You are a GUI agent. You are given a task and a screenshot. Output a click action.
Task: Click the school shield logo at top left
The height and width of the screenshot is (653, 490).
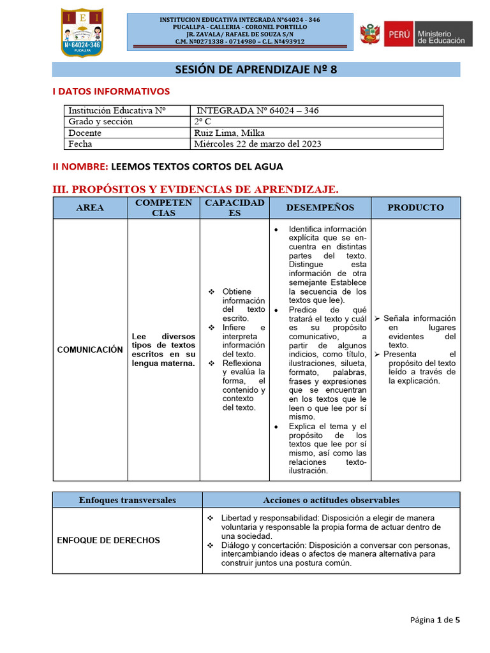pyautogui.click(x=81, y=32)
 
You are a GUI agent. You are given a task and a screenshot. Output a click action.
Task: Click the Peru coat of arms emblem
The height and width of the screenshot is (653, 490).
pyautogui.click(x=369, y=34)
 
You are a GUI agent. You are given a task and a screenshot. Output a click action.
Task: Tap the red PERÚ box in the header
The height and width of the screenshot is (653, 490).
pyautogui.click(x=398, y=34)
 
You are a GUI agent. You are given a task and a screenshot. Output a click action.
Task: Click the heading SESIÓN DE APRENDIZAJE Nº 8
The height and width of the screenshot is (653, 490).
pyautogui.click(x=256, y=70)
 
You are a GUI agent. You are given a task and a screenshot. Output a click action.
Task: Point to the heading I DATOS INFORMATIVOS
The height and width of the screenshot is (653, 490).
pyautogui.click(x=110, y=92)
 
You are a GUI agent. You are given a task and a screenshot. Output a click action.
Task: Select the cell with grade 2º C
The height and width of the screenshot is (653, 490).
pyautogui.click(x=204, y=122)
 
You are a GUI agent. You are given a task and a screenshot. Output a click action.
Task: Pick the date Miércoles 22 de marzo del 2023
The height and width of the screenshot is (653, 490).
pyautogui.click(x=258, y=144)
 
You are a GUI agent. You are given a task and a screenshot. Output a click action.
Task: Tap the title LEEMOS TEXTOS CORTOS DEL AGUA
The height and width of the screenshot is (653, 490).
pyautogui.click(x=197, y=166)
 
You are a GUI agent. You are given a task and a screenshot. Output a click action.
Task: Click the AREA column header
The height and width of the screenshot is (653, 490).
pyautogui.click(x=90, y=208)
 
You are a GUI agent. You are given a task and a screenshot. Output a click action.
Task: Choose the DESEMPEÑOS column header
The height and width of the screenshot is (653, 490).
pyautogui.click(x=320, y=208)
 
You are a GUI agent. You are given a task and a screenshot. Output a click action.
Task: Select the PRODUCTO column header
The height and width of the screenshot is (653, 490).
pyautogui.click(x=415, y=208)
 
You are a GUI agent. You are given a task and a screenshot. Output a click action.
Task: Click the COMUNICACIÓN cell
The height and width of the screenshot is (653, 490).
pyautogui.click(x=90, y=349)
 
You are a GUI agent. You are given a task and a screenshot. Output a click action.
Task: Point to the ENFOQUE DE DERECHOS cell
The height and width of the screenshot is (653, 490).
pyautogui.click(x=108, y=540)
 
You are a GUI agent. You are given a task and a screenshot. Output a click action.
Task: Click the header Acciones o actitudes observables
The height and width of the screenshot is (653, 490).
pyautogui.click(x=331, y=500)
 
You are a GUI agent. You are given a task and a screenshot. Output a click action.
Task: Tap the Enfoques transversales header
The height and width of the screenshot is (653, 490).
pyautogui.click(x=127, y=500)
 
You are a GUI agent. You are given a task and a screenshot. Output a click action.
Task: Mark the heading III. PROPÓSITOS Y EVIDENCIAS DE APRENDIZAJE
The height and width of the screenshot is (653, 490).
pyautogui.click(x=195, y=189)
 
